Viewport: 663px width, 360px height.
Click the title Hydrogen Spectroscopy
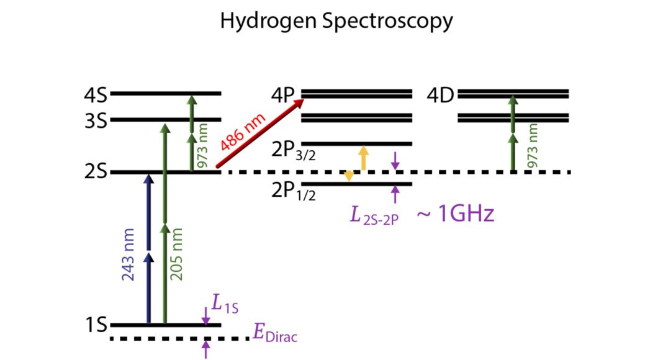coord(336,22)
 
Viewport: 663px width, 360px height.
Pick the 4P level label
coord(284,96)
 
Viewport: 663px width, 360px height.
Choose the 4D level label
coord(441,96)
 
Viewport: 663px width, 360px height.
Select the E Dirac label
coord(275,334)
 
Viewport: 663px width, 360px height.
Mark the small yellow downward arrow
coord(350,176)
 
